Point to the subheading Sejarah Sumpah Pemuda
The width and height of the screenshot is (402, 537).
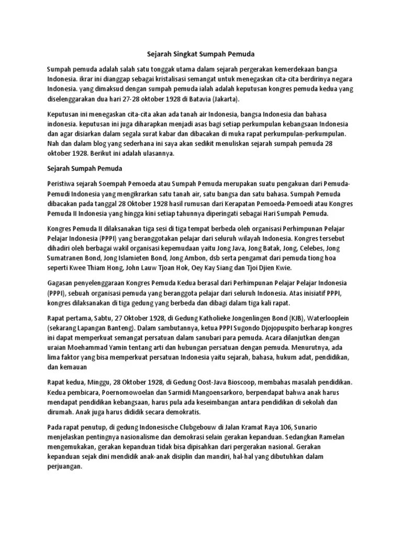click(x=84, y=169)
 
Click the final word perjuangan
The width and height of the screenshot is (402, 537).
click(x=64, y=467)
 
